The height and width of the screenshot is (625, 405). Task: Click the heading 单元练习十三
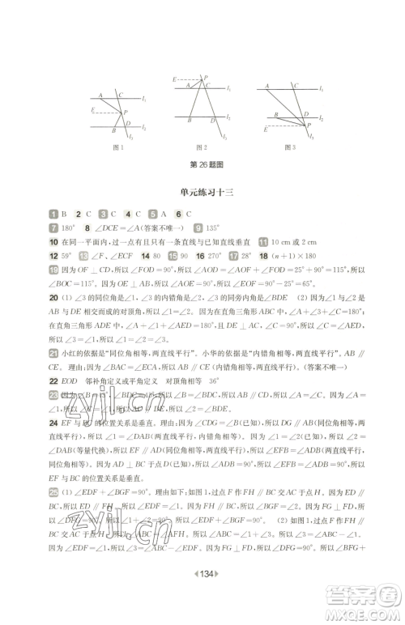click(202, 192)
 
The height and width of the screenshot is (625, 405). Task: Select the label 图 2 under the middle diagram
click(202, 147)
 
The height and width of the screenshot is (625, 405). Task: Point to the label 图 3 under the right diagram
click(288, 147)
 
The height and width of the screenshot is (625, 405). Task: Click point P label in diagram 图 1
click(124, 112)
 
